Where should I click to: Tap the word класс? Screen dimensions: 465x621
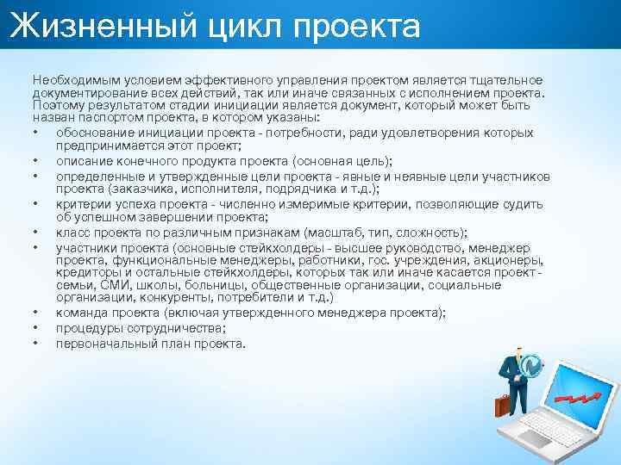click(x=72, y=232)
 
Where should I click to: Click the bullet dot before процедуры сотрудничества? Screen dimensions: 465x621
click(x=36, y=328)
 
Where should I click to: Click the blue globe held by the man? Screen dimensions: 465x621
click(x=531, y=365)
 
